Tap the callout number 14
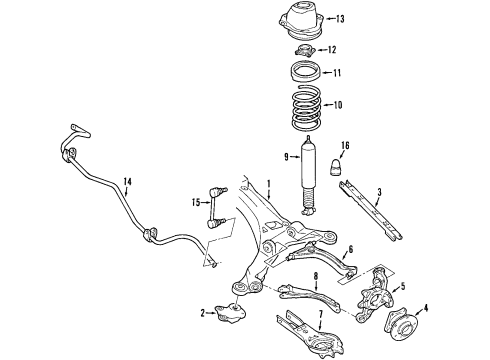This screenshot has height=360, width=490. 126,181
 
